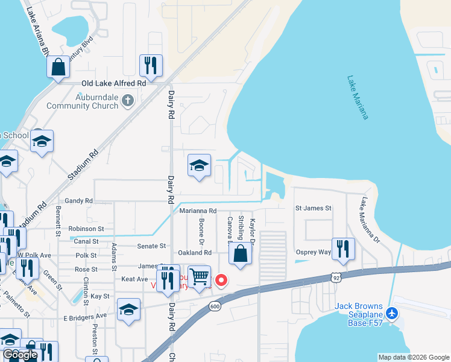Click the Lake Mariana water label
[x=358, y=97]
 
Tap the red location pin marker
[x=221, y=280]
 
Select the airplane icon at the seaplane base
[x=393, y=313]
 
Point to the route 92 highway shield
[x=336, y=277]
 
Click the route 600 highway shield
[x=215, y=306]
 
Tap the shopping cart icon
[x=200, y=276]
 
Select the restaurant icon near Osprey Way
[x=342, y=248]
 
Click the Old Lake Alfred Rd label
[x=115, y=83]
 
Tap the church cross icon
[x=127, y=100]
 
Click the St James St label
[x=313, y=208]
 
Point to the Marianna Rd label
[x=198, y=211]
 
